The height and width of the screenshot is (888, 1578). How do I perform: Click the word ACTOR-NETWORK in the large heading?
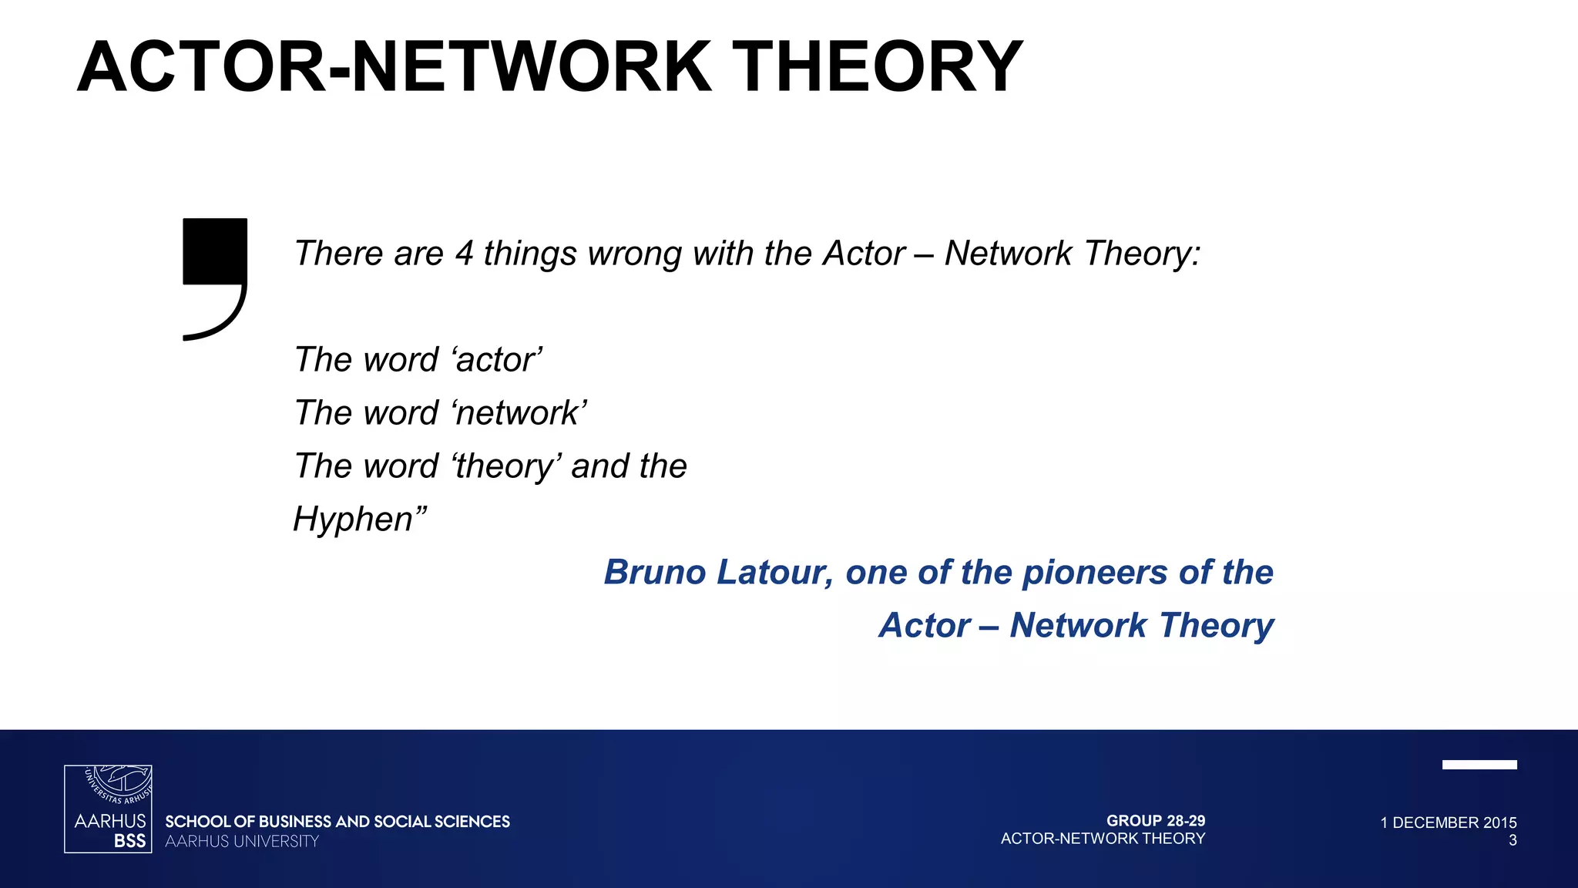(x=394, y=68)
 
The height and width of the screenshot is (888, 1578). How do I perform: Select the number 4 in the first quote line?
(x=464, y=254)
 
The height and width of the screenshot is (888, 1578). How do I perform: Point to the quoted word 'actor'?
(x=498, y=360)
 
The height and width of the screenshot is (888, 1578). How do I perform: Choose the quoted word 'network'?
(x=520, y=413)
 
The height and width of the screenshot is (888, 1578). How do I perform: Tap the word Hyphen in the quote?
(x=354, y=520)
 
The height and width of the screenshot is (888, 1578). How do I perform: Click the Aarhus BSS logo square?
(x=108, y=809)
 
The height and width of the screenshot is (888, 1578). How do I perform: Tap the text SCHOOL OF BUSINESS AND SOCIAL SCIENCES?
(x=337, y=822)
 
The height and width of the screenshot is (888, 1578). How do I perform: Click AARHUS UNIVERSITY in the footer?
(x=242, y=842)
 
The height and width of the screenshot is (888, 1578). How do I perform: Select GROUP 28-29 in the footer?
(x=1156, y=821)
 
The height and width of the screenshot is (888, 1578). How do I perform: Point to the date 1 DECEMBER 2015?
(x=1449, y=822)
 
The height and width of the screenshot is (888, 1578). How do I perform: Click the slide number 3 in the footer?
(x=1513, y=841)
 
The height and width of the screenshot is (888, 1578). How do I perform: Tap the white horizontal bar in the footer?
(x=1479, y=765)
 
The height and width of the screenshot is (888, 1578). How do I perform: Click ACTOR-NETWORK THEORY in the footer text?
(x=1103, y=839)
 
